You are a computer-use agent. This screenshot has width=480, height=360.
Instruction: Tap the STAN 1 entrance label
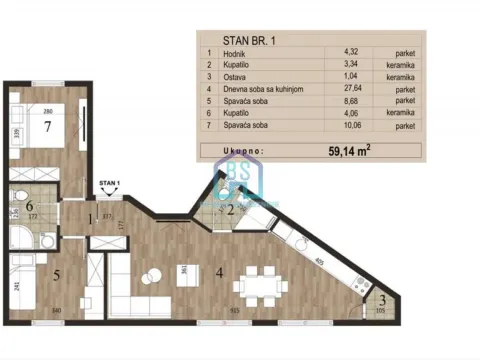pyautogui.click(x=108, y=185)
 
